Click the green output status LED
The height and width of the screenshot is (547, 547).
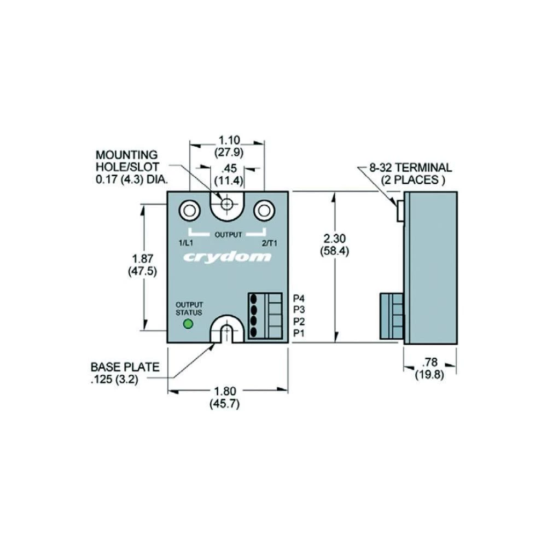(x=188, y=324)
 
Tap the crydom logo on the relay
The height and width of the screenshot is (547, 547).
(x=227, y=257)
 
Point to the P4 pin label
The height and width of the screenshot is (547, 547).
(x=299, y=299)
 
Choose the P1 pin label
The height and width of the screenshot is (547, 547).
(x=299, y=333)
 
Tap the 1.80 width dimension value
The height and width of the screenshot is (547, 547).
(x=224, y=391)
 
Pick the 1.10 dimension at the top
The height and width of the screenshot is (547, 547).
(x=227, y=141)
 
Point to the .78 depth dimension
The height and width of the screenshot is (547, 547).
(x=431, y=363)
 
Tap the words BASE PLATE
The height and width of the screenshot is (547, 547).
(x=125, y=367)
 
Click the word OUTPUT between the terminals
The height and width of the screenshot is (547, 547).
(x=228, y=235)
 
